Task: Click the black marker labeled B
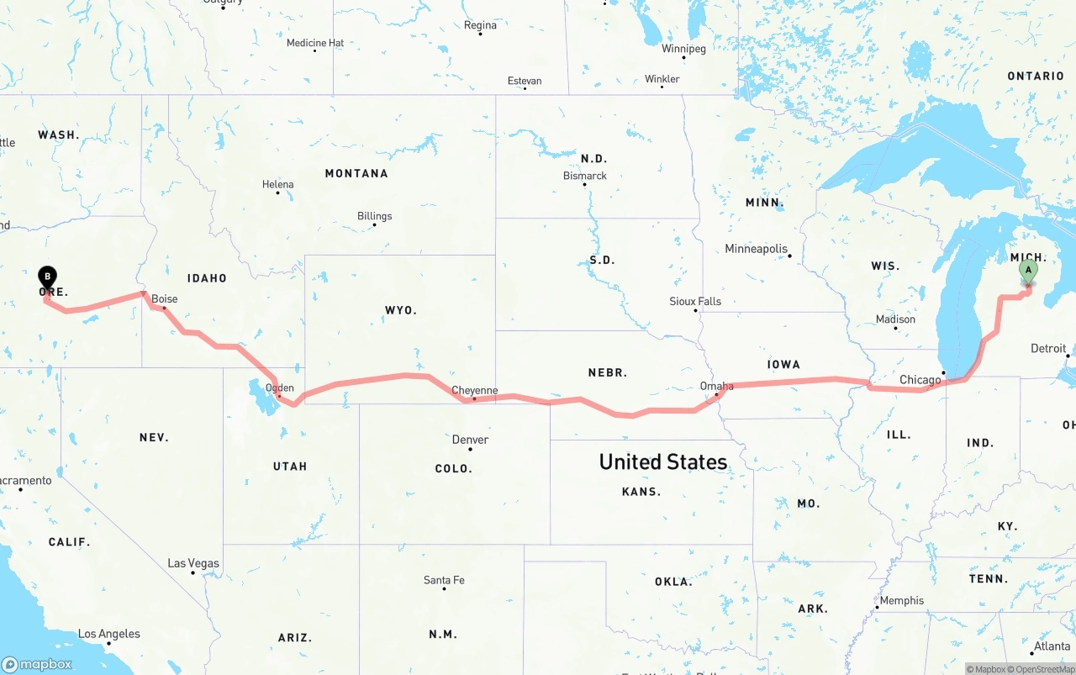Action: [48, 277]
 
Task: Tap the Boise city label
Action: [165, 298]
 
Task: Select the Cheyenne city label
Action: [474, 390]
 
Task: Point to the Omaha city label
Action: [716, 386]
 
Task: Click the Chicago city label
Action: [920, 380]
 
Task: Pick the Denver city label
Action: [470, 440]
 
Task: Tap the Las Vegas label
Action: [193, 563]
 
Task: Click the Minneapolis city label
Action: [757, 249]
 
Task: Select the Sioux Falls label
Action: [695, 301]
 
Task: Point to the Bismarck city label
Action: [585, 176]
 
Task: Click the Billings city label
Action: [374, 216]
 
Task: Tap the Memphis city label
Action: [902, 600]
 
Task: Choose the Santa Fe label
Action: [444, 580]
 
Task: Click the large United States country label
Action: [662, 461]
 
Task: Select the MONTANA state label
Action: [356, 173]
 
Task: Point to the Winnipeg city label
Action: [683, 49]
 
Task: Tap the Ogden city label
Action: [280, 388]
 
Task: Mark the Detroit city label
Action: [1048, 348]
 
